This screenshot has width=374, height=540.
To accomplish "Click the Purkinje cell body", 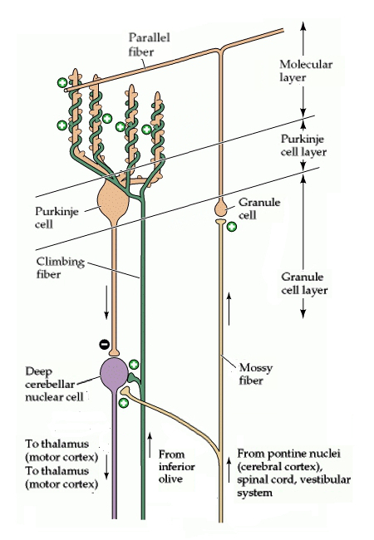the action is [114, 204].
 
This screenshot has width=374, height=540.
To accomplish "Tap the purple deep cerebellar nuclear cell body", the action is [114, 373].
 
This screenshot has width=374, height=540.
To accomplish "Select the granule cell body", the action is [221, 208].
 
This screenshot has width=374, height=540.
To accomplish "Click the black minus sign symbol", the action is [104, 344].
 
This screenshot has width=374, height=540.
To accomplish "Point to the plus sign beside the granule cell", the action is [232, 227].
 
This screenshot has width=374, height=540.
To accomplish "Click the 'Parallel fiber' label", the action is [149, 44].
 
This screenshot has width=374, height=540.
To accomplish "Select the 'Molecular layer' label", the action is [306, 71].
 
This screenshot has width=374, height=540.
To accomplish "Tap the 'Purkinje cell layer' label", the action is [303, 145].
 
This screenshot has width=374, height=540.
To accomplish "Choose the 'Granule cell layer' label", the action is [304, 283].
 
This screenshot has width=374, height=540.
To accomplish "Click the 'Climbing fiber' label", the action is [61, 268].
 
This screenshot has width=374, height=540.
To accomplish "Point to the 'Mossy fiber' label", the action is [256, 374].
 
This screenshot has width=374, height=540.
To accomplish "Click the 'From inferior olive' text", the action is [177, 467].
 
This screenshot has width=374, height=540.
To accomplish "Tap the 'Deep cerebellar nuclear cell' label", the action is [55, 384].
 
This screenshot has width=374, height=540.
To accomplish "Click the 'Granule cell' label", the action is [259, 209].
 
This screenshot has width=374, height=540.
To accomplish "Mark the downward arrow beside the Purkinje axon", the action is [106, 302].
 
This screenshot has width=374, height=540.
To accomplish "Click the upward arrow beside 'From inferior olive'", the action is [150, 445].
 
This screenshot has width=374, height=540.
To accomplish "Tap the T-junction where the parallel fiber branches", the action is [221, 49].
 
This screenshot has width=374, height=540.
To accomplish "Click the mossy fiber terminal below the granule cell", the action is [221, 222].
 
